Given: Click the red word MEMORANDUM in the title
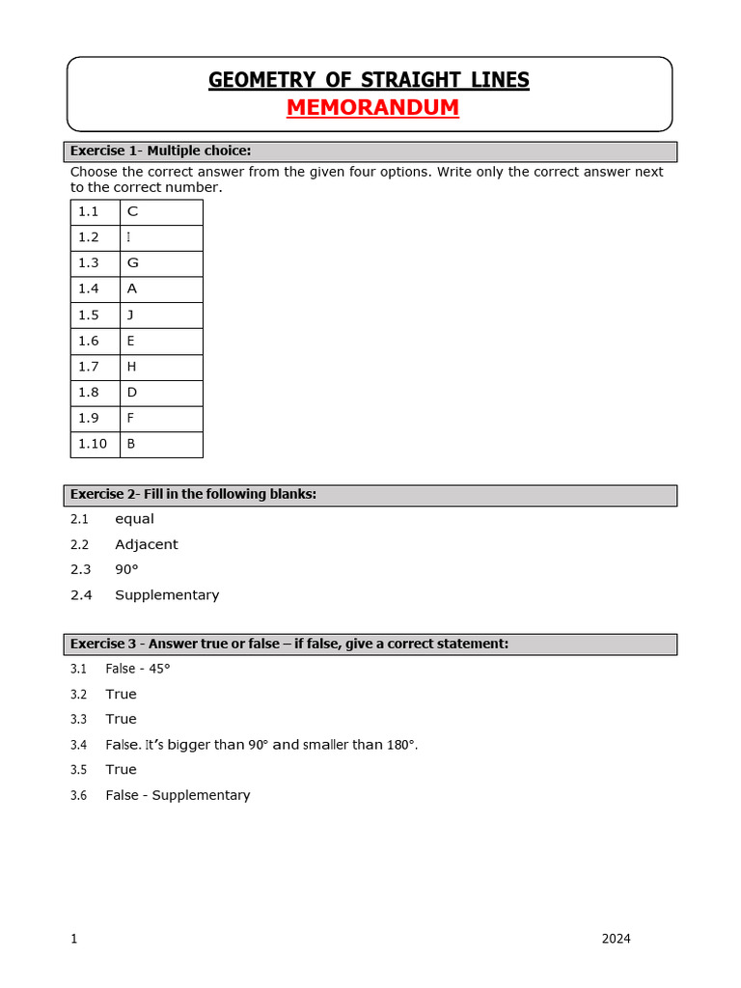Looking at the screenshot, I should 372,107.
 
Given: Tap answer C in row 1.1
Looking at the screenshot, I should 132,211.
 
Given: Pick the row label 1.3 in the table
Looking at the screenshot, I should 89,263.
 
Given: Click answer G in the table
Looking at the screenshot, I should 132,263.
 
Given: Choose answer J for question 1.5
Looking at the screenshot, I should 130,315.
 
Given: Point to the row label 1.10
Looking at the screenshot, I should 92,444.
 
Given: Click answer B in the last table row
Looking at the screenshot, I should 131,444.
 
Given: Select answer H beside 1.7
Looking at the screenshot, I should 131,367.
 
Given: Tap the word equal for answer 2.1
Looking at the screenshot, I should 134,519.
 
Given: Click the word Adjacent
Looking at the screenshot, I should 146,544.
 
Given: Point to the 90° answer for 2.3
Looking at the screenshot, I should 126,569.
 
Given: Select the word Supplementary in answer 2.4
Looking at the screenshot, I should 167,595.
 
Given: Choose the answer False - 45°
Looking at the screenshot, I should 138,669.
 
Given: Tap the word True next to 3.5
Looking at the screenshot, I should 121,770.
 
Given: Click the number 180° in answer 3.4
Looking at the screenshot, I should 398,745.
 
